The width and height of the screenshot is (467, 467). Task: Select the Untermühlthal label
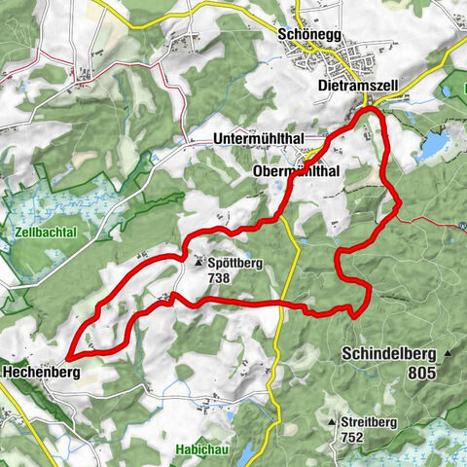pyautogui.click(x=257, y=140)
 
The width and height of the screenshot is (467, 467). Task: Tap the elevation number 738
pyautogui.click(x=221, y=277)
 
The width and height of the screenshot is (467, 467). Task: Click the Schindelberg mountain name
pyautogui.click(x=387, y=355)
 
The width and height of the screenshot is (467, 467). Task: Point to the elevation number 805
pyautogui.click(x=421, y=372)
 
